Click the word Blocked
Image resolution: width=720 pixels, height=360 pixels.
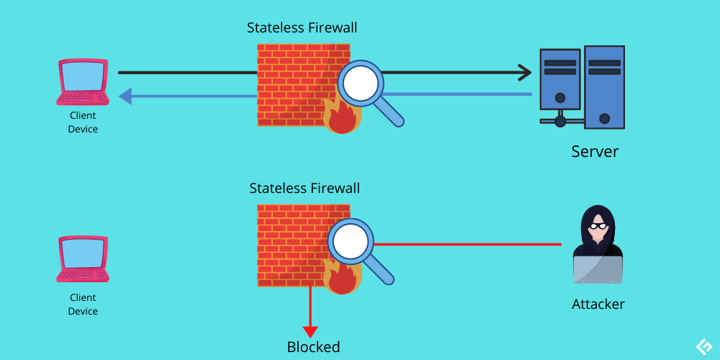313,347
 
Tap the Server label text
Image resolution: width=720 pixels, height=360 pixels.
595,151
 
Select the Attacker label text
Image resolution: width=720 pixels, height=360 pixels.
598,304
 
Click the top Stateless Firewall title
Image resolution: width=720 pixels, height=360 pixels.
302,28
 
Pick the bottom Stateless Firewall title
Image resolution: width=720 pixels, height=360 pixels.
304,189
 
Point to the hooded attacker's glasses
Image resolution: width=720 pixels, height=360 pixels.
598,226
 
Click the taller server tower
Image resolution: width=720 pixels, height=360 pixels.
604,86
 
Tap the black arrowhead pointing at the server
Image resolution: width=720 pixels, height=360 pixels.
525,72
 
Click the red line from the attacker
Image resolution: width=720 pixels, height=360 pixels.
468,244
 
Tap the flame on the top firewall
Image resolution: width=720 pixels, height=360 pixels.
341,117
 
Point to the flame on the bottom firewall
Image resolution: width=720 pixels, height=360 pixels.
341,279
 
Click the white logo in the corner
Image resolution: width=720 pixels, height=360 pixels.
703,346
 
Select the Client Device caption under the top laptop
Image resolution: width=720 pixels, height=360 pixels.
83,122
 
